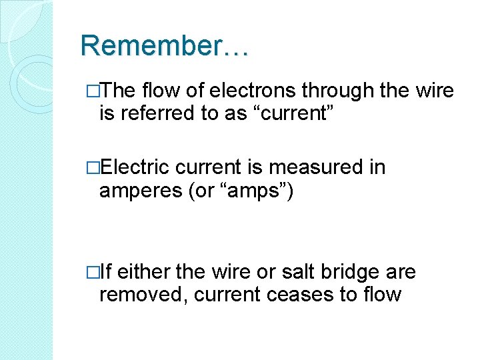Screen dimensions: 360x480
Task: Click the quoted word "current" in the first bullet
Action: [296, 113]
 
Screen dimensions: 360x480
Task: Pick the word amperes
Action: [141, 191]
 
